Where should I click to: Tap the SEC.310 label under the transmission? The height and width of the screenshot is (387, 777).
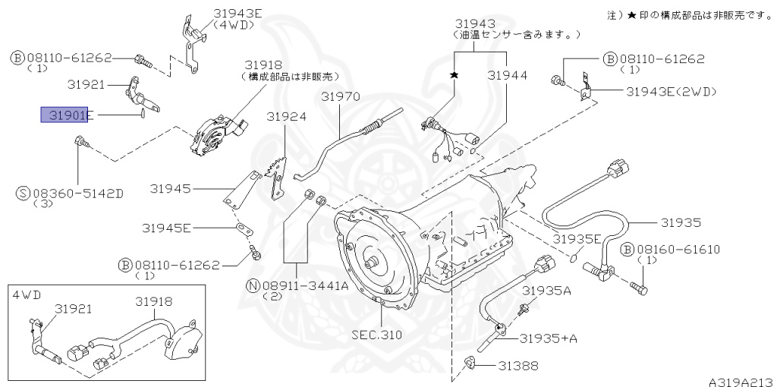(376, 335)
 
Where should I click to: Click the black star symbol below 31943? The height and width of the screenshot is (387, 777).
(455, 75)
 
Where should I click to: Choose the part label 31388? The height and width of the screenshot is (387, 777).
(518, 366)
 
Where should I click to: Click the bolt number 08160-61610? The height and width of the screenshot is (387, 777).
(678, 250)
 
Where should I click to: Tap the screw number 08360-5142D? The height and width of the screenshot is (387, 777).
(77, 193)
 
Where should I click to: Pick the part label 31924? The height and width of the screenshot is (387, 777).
(286, 117)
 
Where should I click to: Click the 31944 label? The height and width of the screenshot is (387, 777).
(507, 75)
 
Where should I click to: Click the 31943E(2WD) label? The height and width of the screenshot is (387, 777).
(671, 91)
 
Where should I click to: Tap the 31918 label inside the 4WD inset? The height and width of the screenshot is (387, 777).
(155, 301)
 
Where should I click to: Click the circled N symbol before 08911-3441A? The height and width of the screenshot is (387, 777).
(251, 285)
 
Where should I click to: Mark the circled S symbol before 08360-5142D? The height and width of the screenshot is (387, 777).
(23, 193)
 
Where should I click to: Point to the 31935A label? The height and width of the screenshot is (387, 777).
(546, 291)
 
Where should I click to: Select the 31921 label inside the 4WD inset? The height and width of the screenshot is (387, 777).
(73, 309)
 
